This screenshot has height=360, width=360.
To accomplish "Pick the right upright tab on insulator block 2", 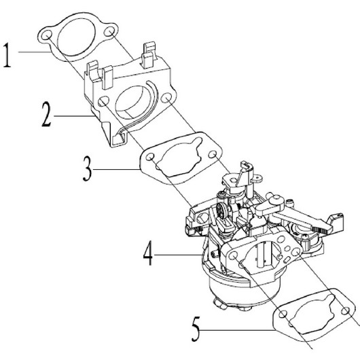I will tap(150, 54).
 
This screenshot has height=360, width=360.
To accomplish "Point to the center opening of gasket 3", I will tap(180, 161).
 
